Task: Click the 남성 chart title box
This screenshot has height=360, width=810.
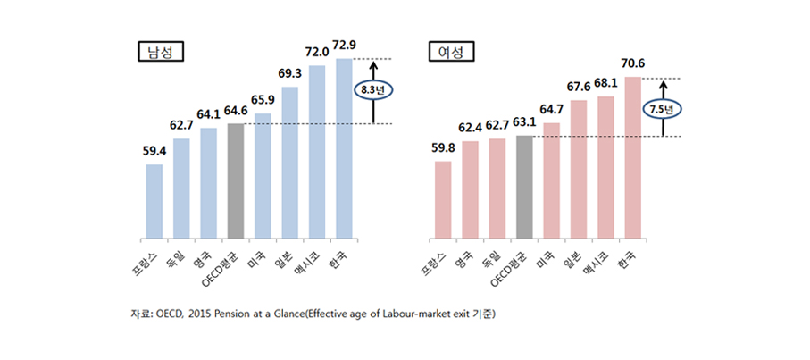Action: pos(161,51)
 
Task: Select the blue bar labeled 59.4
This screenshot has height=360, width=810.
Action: pos(154,202)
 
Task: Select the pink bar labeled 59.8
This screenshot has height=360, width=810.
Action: pos(443,200)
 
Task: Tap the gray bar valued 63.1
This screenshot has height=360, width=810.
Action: pos(524,188)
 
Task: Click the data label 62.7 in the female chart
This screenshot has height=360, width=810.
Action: pos(497,127)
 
